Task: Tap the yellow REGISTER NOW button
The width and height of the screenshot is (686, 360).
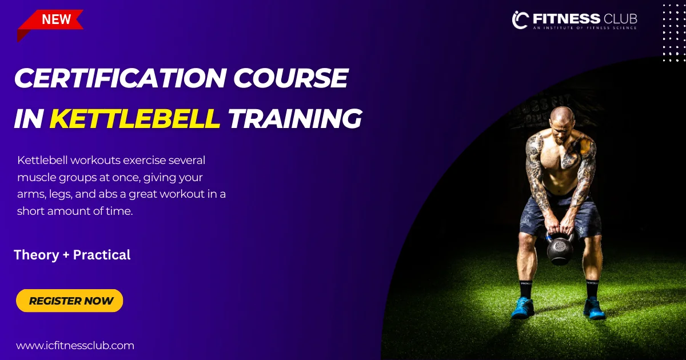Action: point(70,301)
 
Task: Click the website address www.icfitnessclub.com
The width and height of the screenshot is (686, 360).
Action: point(75,346)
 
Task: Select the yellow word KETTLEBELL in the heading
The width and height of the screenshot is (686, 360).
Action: point(135,118)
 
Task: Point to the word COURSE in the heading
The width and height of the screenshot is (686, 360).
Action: point(290,78)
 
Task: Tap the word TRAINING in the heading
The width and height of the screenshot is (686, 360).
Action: point(295,119)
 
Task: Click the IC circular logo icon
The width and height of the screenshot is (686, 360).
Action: point(520,20)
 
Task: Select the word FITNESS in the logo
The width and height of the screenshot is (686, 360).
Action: point(567,19)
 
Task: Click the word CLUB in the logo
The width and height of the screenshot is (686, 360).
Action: point(620,19)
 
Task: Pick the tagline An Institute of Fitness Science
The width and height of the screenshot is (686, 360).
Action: point(585,28)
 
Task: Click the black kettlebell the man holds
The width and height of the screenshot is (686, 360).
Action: point(560,249)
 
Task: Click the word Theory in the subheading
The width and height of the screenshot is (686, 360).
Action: point(37,255)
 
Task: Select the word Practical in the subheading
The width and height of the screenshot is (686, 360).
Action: point(102,255)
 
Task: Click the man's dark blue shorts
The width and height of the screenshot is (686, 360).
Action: point(560,216)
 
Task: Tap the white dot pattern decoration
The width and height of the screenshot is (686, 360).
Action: point(674,33)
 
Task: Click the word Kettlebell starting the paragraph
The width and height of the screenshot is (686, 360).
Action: point(42,160)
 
